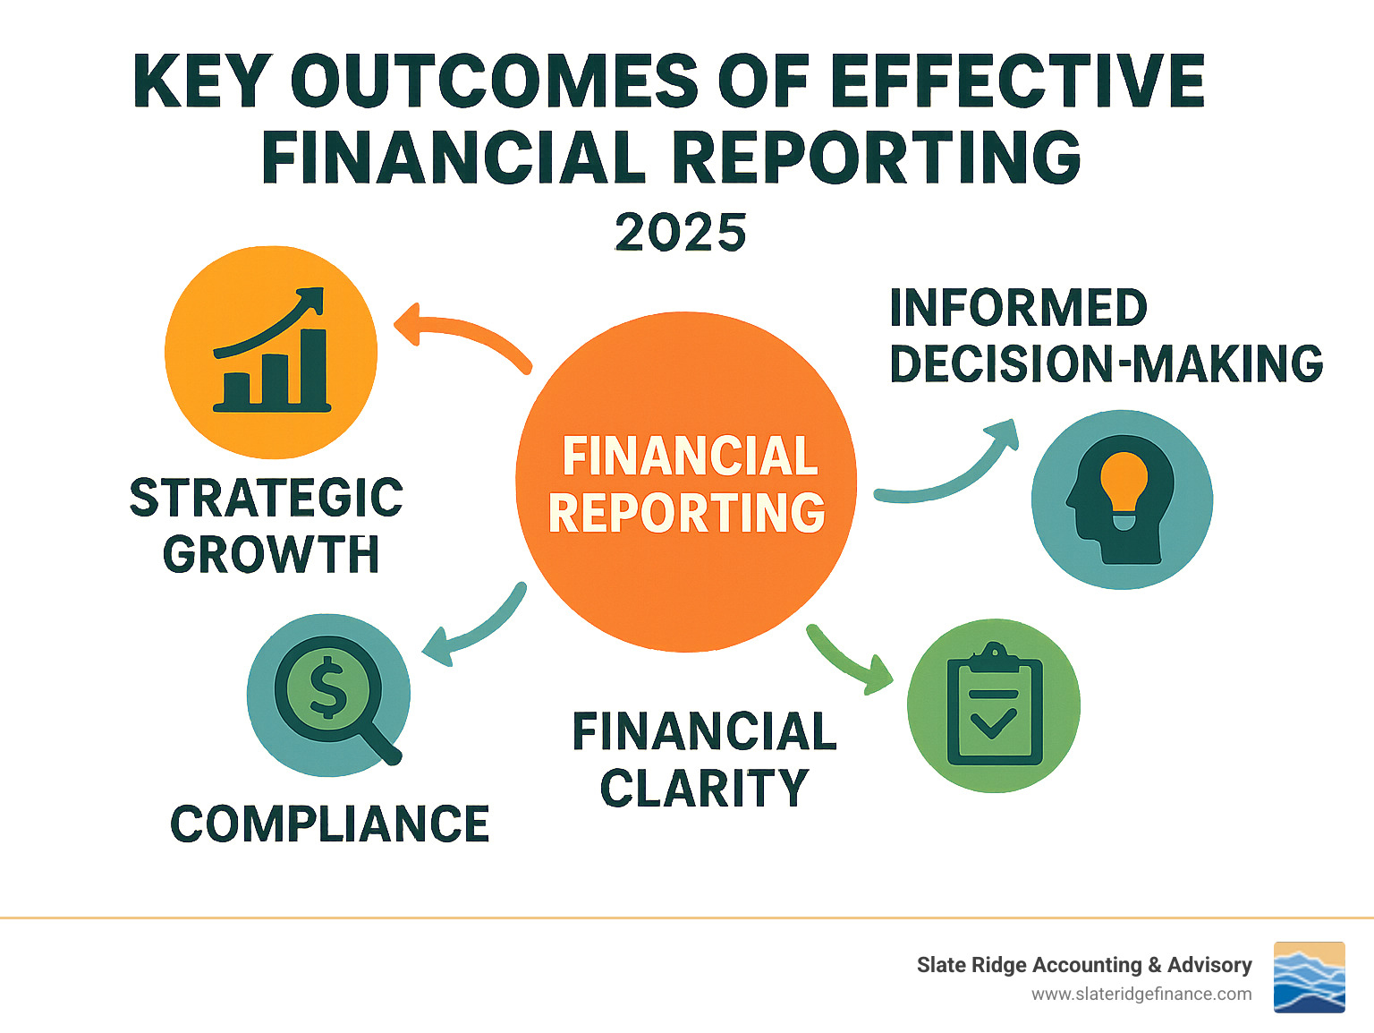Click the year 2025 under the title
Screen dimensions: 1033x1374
(x=680, y=233)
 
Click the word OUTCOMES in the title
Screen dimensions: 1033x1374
(x=495, y=81)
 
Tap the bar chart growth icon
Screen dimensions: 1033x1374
(x=271, y=351)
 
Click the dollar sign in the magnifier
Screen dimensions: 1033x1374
(x=327, y=688)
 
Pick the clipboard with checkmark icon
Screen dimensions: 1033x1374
(x=994, y=704)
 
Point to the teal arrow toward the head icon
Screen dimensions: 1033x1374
(x=957, y=470)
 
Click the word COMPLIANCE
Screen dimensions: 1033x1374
(x=330, y=824)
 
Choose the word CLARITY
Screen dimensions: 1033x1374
(x=704, y=789)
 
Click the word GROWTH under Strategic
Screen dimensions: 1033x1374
(x=271, y=554)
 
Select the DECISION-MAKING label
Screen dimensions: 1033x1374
(x=1106, y=363)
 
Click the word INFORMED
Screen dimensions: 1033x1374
(x=1018, y=308)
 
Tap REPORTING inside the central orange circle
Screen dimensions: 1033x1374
(x=686, y=513)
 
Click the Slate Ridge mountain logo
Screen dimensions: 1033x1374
(x=1309, y=977)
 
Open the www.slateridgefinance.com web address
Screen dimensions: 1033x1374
(x=1141, y=994)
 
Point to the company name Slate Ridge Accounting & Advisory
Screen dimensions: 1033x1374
(x=1083, y=965)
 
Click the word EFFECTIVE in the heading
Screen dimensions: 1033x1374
(x=1017, y=81)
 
